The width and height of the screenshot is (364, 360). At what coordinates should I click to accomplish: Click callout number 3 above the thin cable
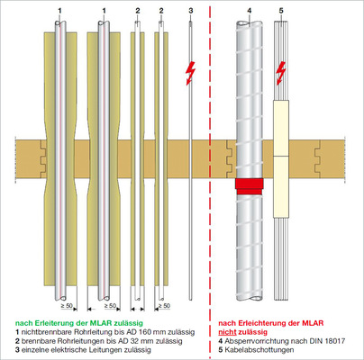pyautogui.click(x=191, y=11)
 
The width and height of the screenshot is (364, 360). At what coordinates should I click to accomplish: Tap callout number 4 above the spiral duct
pyautogui.click(x=250, y=11)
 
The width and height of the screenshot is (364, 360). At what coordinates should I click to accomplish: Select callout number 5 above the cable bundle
pyautogui.click(x=281, y=11)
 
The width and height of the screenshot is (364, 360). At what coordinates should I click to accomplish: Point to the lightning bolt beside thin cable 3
pyautogui.click(x=190, y=73)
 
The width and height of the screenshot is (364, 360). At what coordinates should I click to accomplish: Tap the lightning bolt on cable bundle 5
pyautogui.click(x=280, y=73)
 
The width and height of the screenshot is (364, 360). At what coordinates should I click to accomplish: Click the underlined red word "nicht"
pyautogui.click(x=227, y=332)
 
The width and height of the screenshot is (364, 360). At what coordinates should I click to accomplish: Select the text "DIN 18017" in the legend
pyautogui.click(x=330, y=341)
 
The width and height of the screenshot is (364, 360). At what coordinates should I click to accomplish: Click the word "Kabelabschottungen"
pyautogui.click(x=259, y=350)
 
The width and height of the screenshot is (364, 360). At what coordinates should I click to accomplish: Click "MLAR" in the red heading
pyautogui.click(x=313, y=323)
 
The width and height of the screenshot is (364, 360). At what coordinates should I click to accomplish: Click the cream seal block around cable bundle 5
pyautogui.click(x=281, y=158)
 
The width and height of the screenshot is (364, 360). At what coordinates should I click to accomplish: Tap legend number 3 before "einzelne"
pyautogui.click(x=17, y=350)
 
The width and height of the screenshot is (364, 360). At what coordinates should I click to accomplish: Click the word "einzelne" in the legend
pyautogui.click(x=34, y=350)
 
